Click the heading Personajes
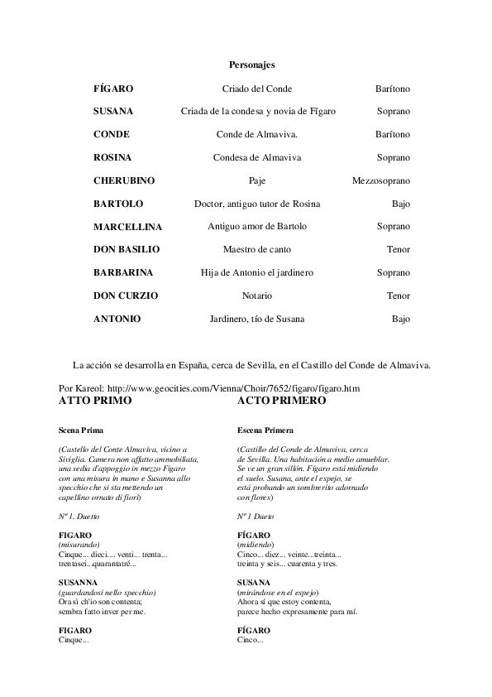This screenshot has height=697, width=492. (x=251, y=64)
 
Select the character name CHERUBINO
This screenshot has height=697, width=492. (x=124, y=180)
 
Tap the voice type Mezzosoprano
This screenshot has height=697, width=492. (x=380, y=180)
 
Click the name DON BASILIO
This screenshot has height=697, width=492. (x=127, y=249)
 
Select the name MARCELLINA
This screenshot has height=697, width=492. (x=127, y=227)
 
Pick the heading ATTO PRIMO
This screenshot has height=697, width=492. (x=95, y=401)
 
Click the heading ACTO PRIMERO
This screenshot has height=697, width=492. (x=281, y=401)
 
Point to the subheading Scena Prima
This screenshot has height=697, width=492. (x=81, y=430)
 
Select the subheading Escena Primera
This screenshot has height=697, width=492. (x=265, y=430)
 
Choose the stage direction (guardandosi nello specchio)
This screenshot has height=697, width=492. (x=107, y=592)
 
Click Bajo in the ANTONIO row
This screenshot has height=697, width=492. (x=400, y=319)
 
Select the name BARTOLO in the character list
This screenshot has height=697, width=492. (x=118, y=204)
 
